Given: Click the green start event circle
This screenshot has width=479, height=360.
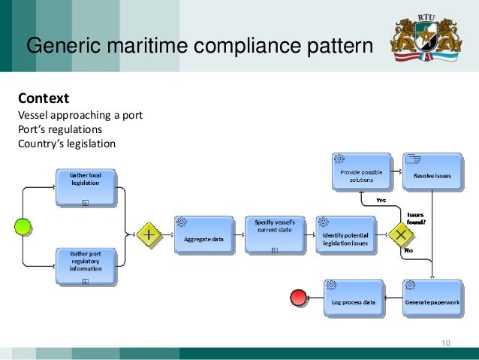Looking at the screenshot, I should pyautogui.click(x=24, y=228).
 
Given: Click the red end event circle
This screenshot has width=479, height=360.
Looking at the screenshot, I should pyautogui.click(x=298, y=298).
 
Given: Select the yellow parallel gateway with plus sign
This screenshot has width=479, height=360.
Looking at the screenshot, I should pyautogui.click(x=149, y=234).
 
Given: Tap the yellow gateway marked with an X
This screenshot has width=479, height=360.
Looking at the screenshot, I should pyautogui.click(x=402, y=234).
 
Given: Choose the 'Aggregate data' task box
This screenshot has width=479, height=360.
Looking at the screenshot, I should pyautogui.click(x=203, y=234).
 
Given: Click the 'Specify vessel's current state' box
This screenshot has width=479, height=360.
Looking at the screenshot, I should pyautogui.click(x=274, y=234).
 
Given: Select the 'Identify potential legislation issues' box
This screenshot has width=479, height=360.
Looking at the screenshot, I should pyautogui.click(x=345, y=234).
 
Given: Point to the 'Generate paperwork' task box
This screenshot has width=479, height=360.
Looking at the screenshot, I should pyautogui.click(x=432, y=298).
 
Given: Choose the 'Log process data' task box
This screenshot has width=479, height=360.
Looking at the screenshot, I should pyautogui.click(x=353, y=298).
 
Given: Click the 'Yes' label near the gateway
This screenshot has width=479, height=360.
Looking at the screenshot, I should pyautogui.click(x=381, y=201).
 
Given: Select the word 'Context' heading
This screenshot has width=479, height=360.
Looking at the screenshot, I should pyautogui.click(x=43, y=98).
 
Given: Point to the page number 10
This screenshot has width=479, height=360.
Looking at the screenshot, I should pyautogui.click(x=446, y=343).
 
